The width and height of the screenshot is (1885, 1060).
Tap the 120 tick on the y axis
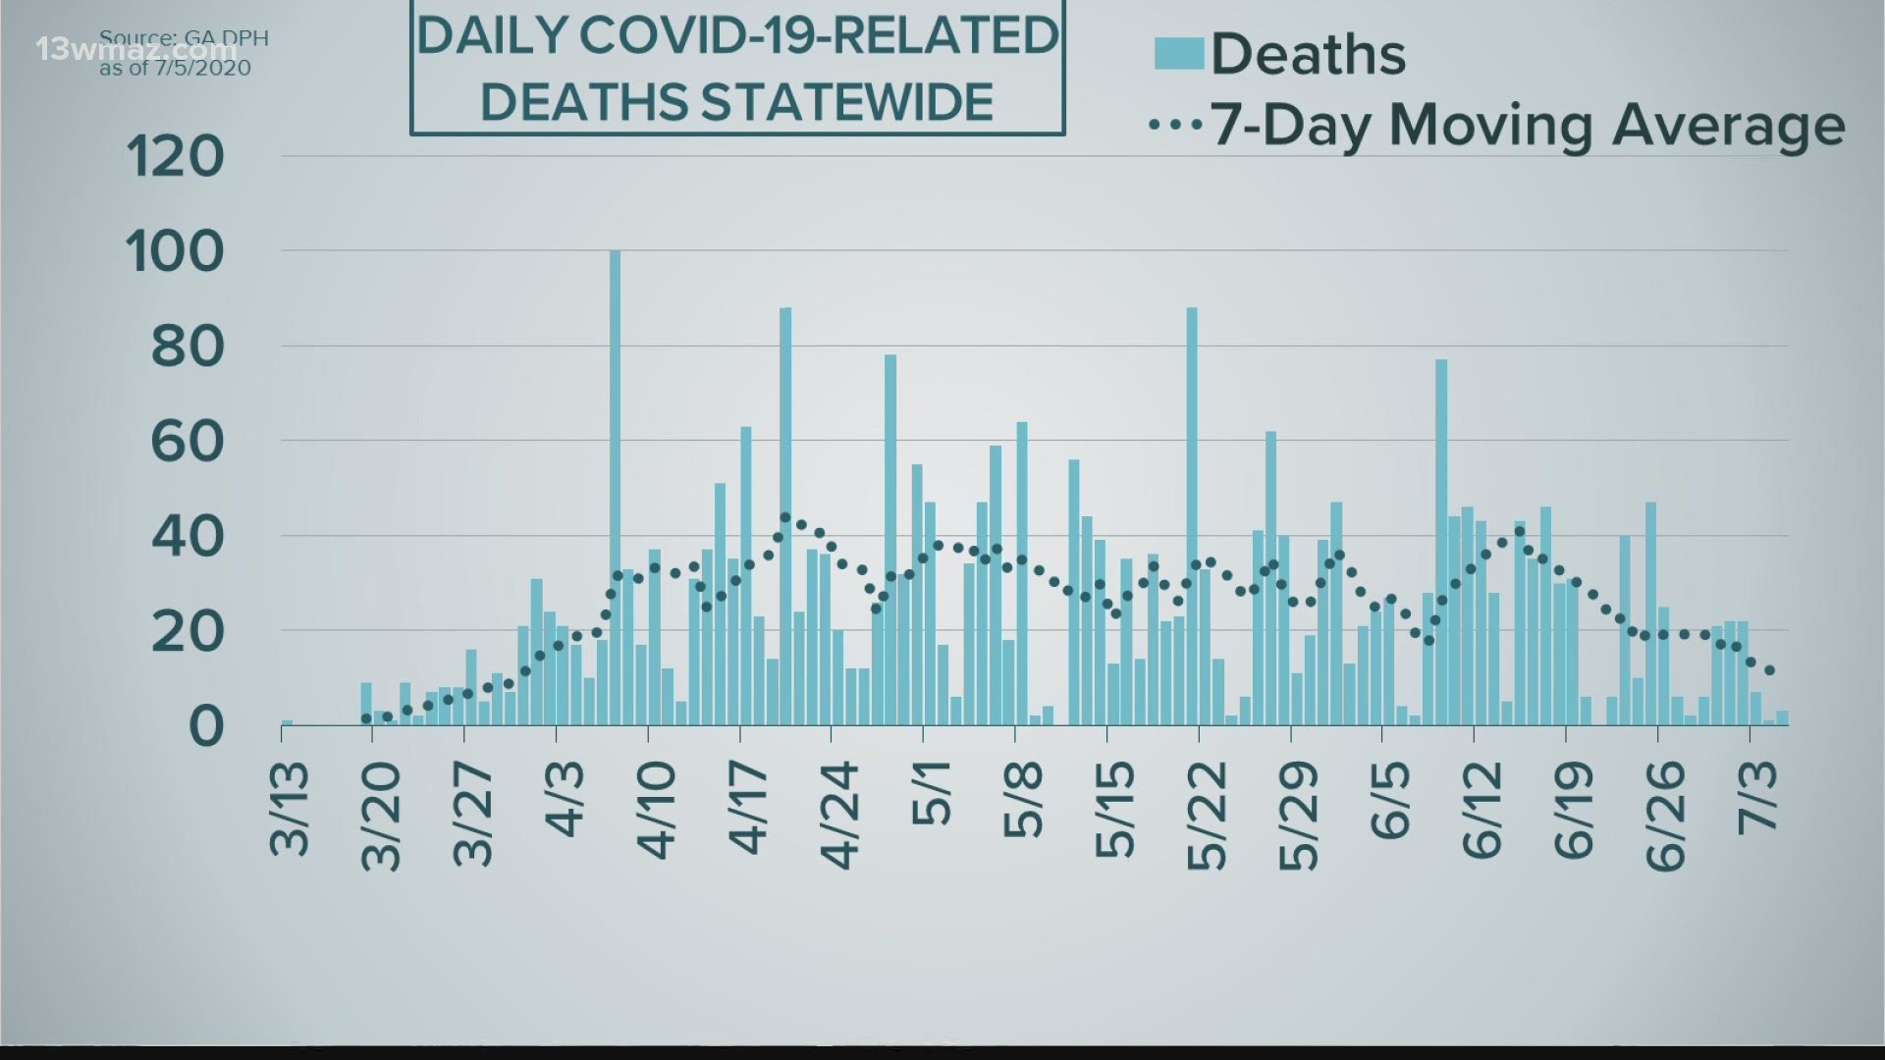pyautogui.click(x=176, y=157)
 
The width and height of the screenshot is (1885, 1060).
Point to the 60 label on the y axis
pyautogui.click(x=188, y=442)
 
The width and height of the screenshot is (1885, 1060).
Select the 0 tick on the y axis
pyautogui.click(x=206, y=726)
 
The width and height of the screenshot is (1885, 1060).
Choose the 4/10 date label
pyautogui.click(x=657, y=810)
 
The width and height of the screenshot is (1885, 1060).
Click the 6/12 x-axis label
pyautogui.click(x=1482, y=811)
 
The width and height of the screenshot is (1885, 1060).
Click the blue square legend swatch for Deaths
pyautogui.click(x=1178, y=53)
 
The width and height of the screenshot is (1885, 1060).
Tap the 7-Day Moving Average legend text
pyautogui.click(x=1528, y=126)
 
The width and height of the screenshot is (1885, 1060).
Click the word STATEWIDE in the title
pyautogui.click(x=736, y=101)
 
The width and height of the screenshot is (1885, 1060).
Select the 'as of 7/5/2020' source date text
pyautogui.click(x=175, y=68)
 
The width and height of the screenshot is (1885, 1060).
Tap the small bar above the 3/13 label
pyautogui.click(x=287, y=723)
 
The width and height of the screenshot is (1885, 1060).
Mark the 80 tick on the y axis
pyautogui.click(x=188, y=346)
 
